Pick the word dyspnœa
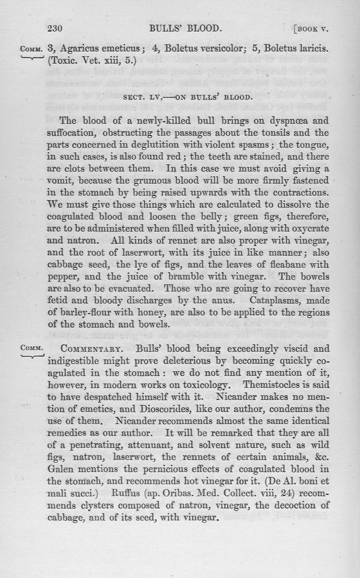[x=282, y=121]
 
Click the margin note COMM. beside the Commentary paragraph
[x=31, y=348]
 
